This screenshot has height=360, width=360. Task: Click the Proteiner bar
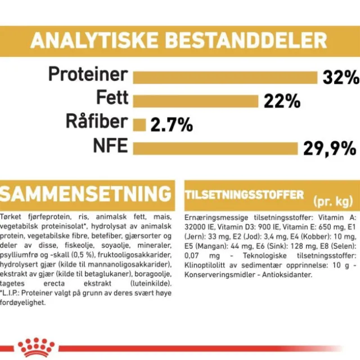[x=225, y=78]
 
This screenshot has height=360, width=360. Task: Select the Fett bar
[x=196, y=101]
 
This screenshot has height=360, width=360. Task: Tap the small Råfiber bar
[x=139, y=125]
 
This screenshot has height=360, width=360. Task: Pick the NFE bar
[x=215, y=148]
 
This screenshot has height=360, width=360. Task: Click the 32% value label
[x=341, y=77]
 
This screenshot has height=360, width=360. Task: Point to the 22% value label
[x=282, y=101]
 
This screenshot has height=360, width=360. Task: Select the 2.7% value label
[x=172, y=125]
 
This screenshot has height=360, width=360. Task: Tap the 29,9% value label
[x=330, y=148]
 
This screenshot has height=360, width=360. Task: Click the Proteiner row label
[x=88, y=74]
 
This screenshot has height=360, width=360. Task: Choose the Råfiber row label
[x=97, y=121]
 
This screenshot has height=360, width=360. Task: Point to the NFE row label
[x=110, y=146]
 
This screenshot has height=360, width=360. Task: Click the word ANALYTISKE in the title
[x=94, y=40]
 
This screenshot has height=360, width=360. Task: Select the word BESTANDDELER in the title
[x=246, y=40]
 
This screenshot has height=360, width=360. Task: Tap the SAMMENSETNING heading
[x=85, y=194]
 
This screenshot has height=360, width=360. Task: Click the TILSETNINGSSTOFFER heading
[x=244, y=195]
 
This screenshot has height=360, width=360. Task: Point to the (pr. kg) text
[x=333, y=201]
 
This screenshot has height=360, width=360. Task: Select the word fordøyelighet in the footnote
[x=22, y=303]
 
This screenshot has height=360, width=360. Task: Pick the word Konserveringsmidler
[x=220, y=275]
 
